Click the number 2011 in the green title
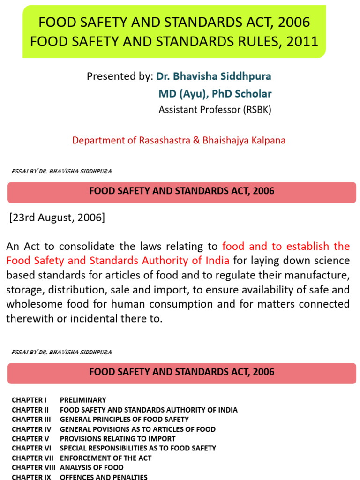pos(300,42)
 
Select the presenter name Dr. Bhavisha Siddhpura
pos(213,76)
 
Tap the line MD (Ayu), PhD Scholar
pos(215,93)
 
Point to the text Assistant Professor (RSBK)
pos(215,110)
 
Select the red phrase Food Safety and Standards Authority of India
pos(118,261)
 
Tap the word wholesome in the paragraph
pos(34,304)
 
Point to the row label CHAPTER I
pos(29,400)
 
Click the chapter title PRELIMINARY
pos(83,400)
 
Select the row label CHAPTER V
pos(30,439)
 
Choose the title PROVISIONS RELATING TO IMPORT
pos(118,439)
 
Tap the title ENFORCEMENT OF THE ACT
pos(105,458)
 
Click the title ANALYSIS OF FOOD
pos(91,467)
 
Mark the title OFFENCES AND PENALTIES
pos(104,477)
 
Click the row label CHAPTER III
pos(31,419)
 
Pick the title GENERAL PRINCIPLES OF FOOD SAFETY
pos(124,419)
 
